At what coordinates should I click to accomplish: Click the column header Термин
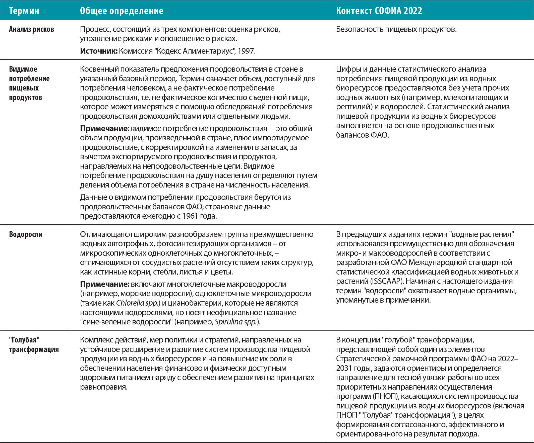pyautogui.click(x=24, y=11)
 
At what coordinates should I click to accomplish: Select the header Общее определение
pyautogui.click(x=121, y=11)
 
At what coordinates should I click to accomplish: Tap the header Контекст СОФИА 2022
pyautogui.click(x=379, y=11)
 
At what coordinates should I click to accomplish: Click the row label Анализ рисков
pyautogui.click(x=32, y=29)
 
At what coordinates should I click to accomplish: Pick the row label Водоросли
pyautogui.click(x=26, y=234)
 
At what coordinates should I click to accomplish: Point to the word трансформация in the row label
pyautogui.click(x=34, y=349)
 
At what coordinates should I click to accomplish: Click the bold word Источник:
pyautogui.click(x=99, y=51)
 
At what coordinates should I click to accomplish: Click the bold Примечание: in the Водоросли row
pyautogui.click(x=104, y=284)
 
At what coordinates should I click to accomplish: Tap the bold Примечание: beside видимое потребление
pyautogui.click(x=104, y=128)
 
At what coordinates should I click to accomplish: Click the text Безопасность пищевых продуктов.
pyautogui.click(x=396, y=29)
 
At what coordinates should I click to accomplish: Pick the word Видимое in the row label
pyautogui.click(x=23, y=69)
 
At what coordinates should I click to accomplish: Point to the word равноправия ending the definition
pyautogui.click(x=103, y=387)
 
